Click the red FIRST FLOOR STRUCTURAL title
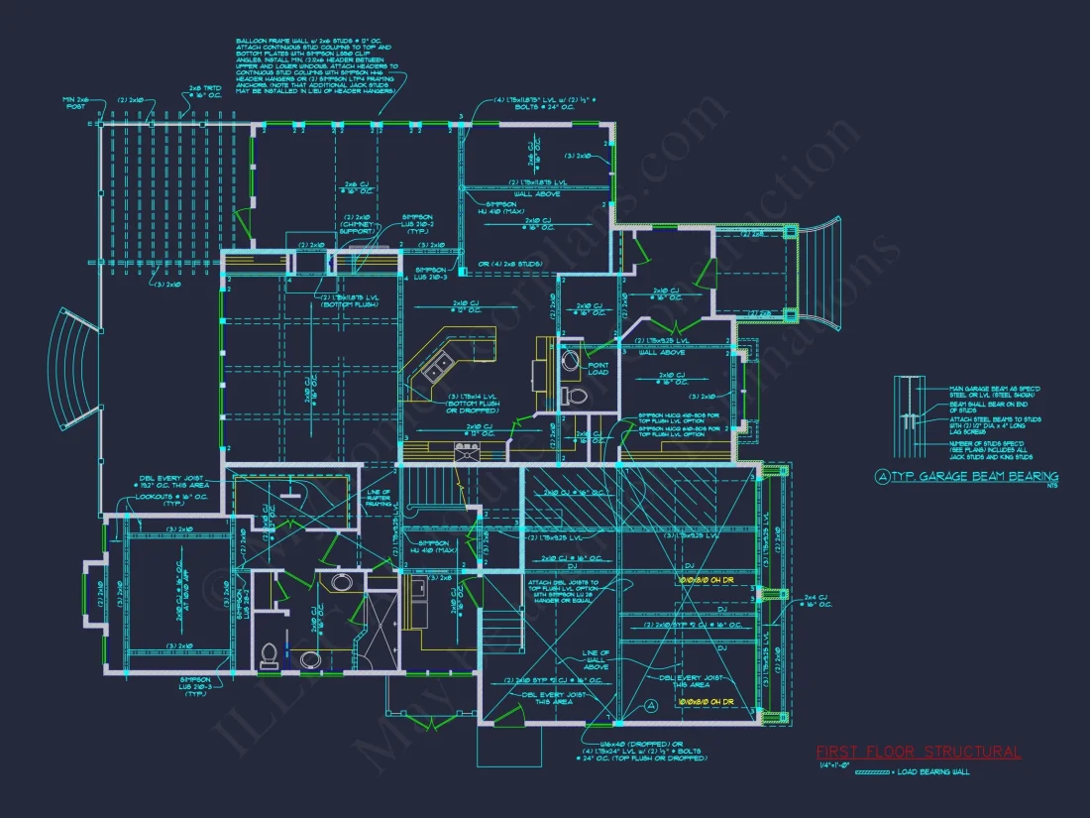pyautogui.click(x=918, y=753)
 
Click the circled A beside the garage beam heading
pyautogui.click(x=883, y=477)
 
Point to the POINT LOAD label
pyautogui.click(x=599, y=368)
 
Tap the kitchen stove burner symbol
pyautogui.click(x=466, y=451)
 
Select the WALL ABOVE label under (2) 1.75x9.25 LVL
pyautogui.click(x=662, y=352)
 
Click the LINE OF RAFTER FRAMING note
pyautogui.click(x=380, y=499)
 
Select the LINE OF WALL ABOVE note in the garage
pyautogui.click(x=596, y=659)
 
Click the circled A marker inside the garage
pyautogui.click(x=651, y=705)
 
